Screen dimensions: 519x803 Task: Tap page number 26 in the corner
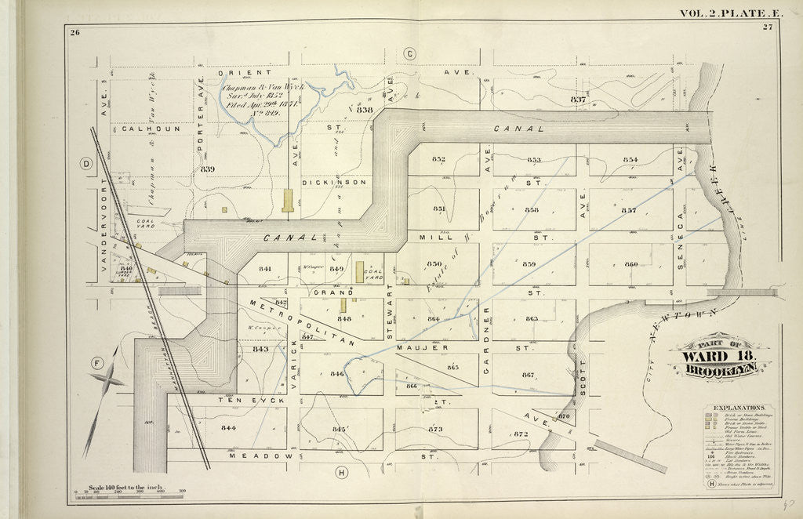pos(74,32)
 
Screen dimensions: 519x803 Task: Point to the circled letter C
pos(409,53)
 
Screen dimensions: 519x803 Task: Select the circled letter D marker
pos(86,163)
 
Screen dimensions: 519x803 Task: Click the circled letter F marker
pos(98,363)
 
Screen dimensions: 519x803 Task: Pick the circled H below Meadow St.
pos(341,472)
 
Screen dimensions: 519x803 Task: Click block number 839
pos(207,169)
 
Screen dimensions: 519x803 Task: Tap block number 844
pos(228,428)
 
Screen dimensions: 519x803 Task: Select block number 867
pos(528,374)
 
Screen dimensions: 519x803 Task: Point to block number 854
pos(630,160)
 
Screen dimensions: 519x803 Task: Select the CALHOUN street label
pos(151,129)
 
